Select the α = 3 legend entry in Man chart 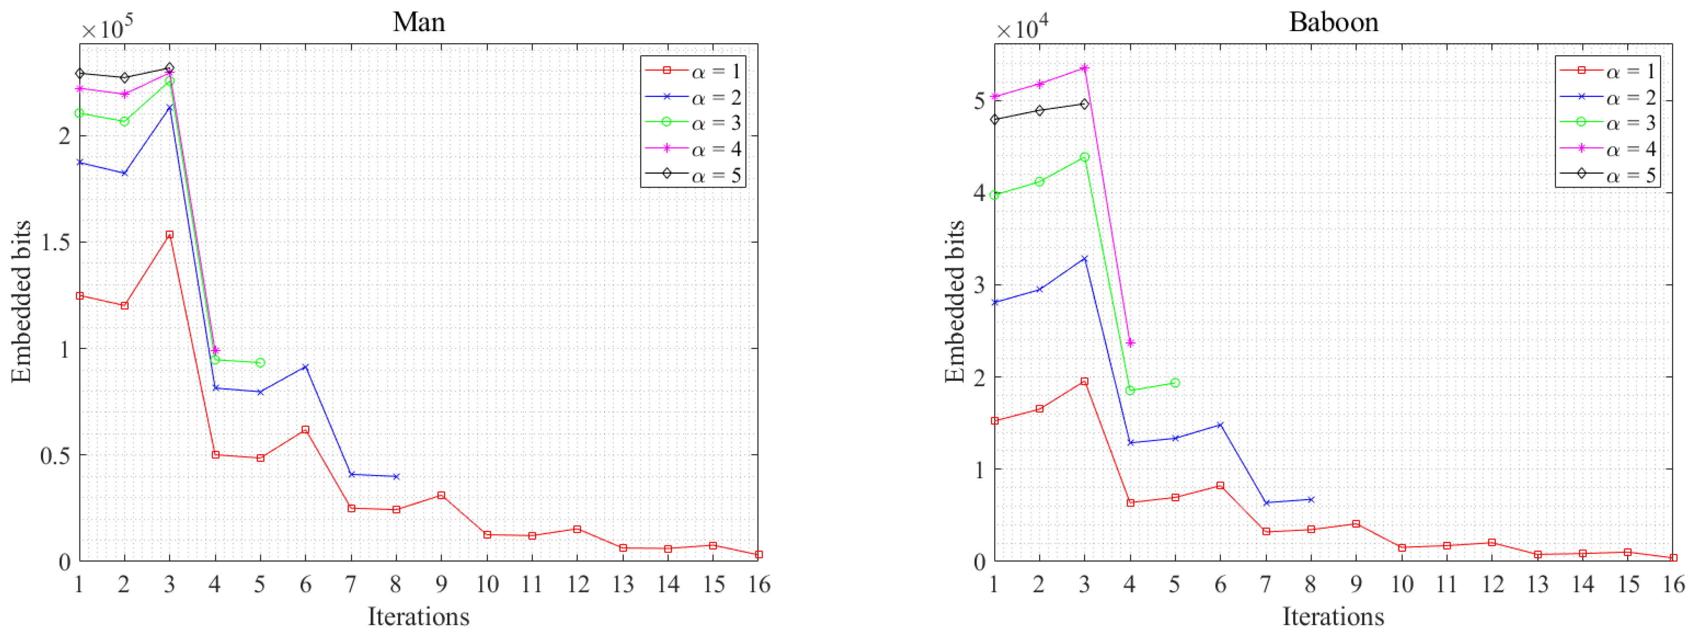click(x=693, y=123)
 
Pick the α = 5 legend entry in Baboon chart click(x=1607, y=175)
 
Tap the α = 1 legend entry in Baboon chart click(x=1607, y=70)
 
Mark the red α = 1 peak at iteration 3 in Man click(x=169, y=235)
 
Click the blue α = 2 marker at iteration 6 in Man click(x=305, y=367)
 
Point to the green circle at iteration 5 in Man click(x=260, y=363)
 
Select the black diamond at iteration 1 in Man click(x=79, y=73)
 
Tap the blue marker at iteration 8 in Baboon click(x=1311, y=499)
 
